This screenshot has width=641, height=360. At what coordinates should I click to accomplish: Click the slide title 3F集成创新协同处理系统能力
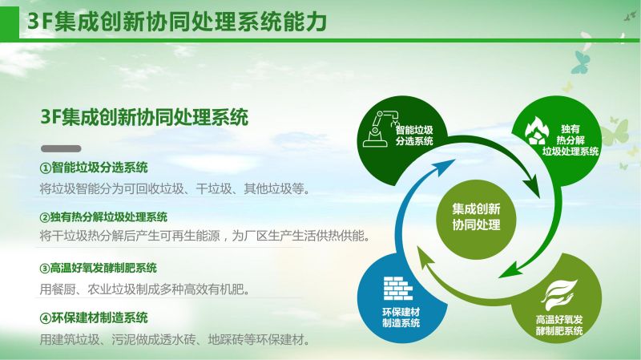point(176,22)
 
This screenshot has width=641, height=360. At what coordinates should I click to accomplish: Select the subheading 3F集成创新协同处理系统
point(144,117)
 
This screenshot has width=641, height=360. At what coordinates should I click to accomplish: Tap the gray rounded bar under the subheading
point(61,148)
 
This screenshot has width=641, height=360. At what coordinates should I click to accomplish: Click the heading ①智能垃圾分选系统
point(94,168)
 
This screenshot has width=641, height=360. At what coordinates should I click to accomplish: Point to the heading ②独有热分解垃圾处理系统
point(103,217)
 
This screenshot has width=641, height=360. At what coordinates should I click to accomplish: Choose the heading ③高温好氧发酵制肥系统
point(98,269)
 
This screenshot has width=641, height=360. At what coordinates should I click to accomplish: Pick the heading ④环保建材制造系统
point(94,318)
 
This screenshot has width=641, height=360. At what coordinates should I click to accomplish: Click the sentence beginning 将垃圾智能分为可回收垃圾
point(175,189)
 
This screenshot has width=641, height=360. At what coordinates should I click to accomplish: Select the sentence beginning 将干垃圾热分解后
point(205,236)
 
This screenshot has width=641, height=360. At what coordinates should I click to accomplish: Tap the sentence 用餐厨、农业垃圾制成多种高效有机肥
point(145,289)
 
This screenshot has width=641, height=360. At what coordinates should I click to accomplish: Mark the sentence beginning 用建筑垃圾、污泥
point(175,340)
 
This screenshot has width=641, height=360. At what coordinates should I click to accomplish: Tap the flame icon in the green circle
point(537,131)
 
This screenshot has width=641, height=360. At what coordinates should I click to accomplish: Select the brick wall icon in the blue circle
point(397,288)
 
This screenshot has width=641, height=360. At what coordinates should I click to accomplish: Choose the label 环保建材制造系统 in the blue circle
point(401,318)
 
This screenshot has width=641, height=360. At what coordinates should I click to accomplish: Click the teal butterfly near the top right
point(580,62)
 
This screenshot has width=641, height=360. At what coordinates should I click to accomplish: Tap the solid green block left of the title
point(10,22)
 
